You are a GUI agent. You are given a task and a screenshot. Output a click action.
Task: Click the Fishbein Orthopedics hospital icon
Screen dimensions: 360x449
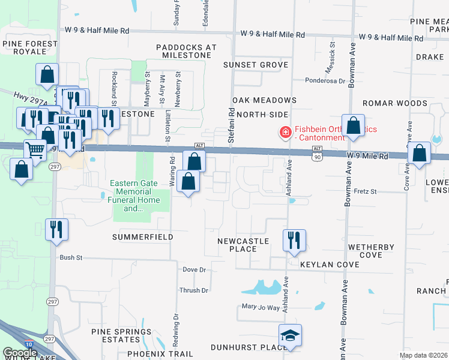(x=285, y=131)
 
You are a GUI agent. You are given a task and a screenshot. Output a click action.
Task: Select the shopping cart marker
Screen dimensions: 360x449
(x=35, y=150)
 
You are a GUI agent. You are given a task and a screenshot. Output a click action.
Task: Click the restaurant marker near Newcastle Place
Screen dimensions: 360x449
(x=294, y=240)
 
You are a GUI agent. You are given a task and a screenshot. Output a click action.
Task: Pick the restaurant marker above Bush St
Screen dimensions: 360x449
(x=56, y=229)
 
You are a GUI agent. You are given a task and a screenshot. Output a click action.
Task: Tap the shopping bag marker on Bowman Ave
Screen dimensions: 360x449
(x=354, y=126)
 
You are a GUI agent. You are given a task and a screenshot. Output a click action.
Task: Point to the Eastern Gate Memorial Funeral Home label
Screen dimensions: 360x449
(x=135, y=196)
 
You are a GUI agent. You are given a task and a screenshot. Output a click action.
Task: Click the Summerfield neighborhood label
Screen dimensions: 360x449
(x=143, y=238)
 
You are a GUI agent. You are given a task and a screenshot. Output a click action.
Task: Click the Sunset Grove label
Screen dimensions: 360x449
(x=256, y=65)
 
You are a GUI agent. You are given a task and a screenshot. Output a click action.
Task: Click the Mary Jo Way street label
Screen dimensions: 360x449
(x=261, y=308)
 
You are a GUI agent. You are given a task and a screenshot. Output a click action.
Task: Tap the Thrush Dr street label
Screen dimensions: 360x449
(x=193, y=290)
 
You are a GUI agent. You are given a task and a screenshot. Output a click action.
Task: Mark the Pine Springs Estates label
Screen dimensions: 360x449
(x=122, y=335)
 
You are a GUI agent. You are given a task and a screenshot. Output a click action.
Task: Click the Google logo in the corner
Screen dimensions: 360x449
(x=20, y=353)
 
